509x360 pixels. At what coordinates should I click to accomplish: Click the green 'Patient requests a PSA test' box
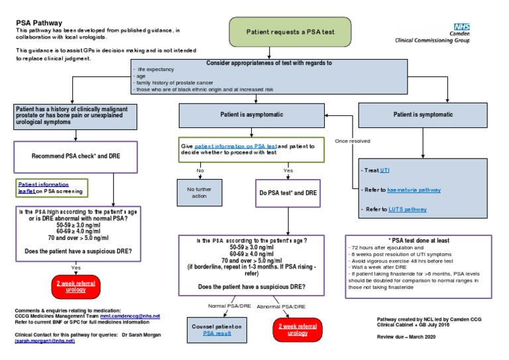(x=289, y=31)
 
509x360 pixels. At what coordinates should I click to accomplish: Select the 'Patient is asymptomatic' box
(x=248, y=115)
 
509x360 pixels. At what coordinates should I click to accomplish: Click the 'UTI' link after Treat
(x=385, y=170)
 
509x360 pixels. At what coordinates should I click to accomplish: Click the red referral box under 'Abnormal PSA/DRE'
(x=298, y=330)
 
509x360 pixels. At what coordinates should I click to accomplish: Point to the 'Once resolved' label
(x=353, y=141)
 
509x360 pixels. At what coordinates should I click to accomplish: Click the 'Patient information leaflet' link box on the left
(x=52, y=187)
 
